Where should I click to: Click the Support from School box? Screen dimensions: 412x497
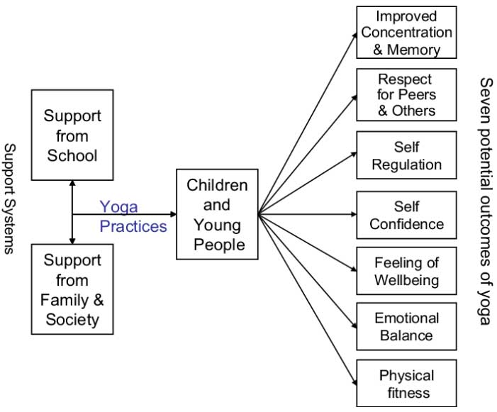72,135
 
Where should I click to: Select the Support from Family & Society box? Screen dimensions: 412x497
72,289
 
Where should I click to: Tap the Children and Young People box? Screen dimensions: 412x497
217,215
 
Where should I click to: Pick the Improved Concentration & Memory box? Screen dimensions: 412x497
406,32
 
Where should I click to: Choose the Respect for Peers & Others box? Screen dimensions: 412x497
406,94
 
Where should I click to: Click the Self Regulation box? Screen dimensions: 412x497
406,156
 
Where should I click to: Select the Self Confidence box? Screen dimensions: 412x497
406,216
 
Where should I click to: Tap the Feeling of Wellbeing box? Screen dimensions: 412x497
406,272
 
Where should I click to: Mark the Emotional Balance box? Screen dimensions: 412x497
406,326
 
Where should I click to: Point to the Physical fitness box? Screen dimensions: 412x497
406,384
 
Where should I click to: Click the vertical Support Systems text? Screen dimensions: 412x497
10,198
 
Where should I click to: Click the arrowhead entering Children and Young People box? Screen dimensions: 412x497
172,213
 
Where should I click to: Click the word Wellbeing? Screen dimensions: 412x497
406,280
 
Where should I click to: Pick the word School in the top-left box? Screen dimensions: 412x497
72,155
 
